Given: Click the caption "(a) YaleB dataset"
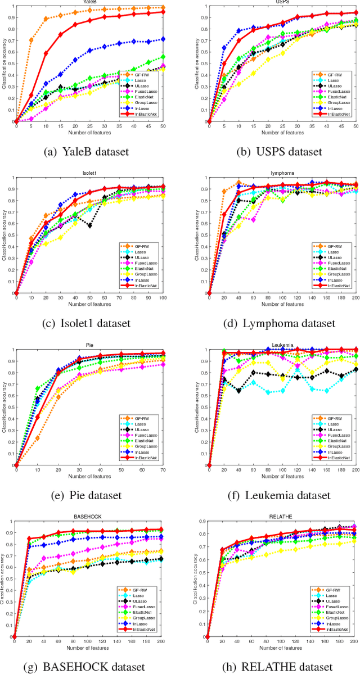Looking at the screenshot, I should coord(90,151).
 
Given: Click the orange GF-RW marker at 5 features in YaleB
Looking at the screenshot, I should coord(30,40).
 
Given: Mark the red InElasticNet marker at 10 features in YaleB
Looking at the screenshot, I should coord(46,53).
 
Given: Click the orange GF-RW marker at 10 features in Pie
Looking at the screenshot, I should coord(38,438).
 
